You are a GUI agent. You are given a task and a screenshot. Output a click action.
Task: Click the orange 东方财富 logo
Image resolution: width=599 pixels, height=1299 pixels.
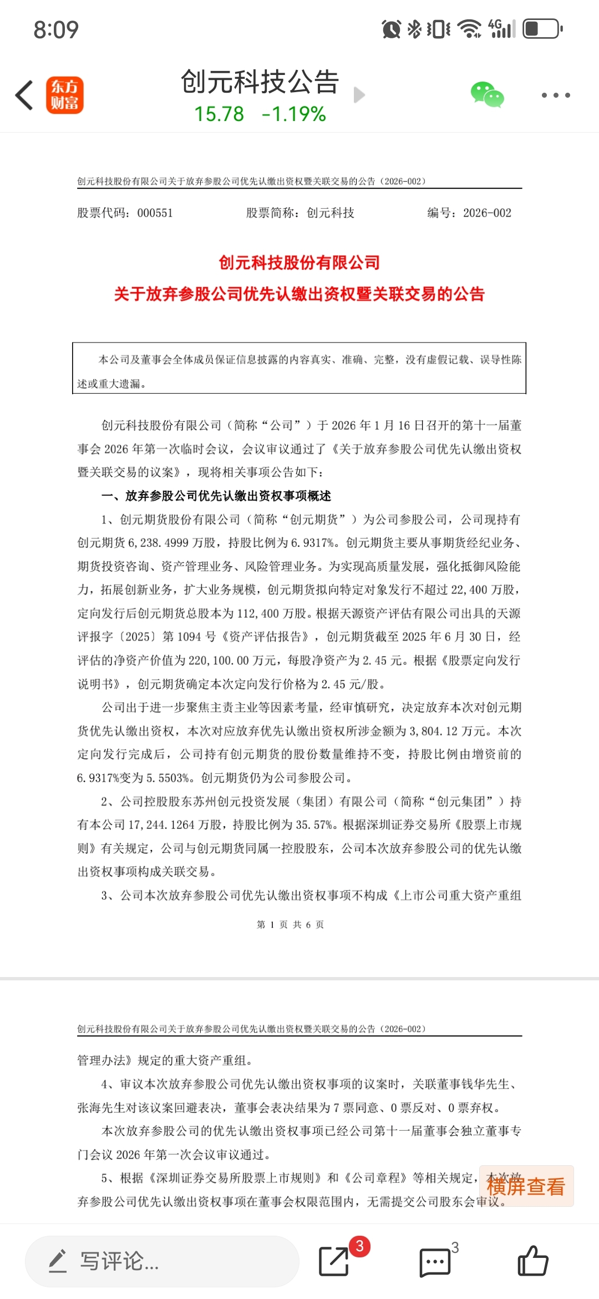point(64,95)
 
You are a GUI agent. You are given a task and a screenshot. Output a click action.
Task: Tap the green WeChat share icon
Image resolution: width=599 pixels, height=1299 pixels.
point(487,94)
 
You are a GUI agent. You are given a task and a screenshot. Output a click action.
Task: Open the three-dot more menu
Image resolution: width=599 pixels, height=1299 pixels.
point(556,95)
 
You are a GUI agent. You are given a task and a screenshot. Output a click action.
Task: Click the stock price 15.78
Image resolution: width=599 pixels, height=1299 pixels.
point(219,114)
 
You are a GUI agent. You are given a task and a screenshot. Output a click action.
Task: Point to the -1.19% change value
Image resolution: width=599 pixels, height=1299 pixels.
point(294,114)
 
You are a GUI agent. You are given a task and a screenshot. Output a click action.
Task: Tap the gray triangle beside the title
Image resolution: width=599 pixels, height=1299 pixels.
point(359,95)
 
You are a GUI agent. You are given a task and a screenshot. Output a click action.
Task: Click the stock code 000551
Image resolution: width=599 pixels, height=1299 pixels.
point(155,213)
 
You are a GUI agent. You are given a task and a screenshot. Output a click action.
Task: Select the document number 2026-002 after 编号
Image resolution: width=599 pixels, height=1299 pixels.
point(487,213)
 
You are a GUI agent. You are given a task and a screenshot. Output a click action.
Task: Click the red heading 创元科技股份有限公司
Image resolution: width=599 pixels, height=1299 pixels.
point(299,263)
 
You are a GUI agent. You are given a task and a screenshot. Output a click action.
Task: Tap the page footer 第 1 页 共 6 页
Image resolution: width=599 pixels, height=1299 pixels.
point(290,924)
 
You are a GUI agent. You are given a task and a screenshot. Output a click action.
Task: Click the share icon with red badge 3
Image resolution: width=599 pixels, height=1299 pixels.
point(334,1261)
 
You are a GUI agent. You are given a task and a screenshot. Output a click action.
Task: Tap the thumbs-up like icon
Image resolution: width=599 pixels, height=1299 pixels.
point(532,1261)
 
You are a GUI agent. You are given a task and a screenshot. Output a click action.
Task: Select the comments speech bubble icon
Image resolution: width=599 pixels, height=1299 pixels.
point(435,1262)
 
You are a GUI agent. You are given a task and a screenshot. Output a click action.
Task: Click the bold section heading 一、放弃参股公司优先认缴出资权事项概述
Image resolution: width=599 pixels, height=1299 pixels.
point(216,496)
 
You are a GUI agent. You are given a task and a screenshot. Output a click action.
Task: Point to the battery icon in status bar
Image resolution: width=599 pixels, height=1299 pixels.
point(542,29)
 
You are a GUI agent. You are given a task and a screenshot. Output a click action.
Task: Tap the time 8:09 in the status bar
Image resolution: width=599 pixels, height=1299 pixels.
point(56,29)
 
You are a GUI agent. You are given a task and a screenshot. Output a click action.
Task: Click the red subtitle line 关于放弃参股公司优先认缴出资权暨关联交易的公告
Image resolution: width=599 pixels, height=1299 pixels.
point(299,294)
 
